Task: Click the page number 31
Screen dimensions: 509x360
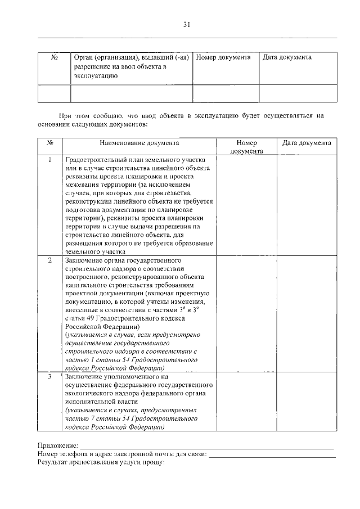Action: coord(187,24)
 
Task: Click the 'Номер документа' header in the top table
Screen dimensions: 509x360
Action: coord(223,58)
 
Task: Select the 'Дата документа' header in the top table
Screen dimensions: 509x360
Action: coord(287,58)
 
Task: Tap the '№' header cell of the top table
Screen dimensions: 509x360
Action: coord(55,58)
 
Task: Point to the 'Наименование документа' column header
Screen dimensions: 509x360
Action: coord(140,143)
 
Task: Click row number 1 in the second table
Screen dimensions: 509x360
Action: coord(50,160)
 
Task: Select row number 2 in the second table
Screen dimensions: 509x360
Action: coord(50,261)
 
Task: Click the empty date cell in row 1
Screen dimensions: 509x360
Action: coord(307,205)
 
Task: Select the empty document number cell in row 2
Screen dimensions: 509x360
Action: coord(246,314)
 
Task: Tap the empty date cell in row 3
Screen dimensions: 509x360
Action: coord(307,402)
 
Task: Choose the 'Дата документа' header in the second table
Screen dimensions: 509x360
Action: coord(307,143)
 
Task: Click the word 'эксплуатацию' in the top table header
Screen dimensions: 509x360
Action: coord(96,76)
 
